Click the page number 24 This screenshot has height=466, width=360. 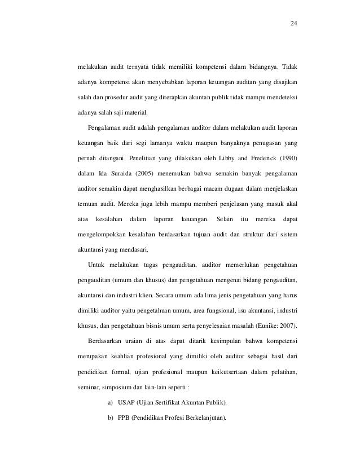[293, 24]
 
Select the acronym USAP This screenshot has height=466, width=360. [127, 402]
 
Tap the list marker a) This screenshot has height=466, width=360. [109, 402]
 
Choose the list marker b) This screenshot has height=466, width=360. [109, 417]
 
